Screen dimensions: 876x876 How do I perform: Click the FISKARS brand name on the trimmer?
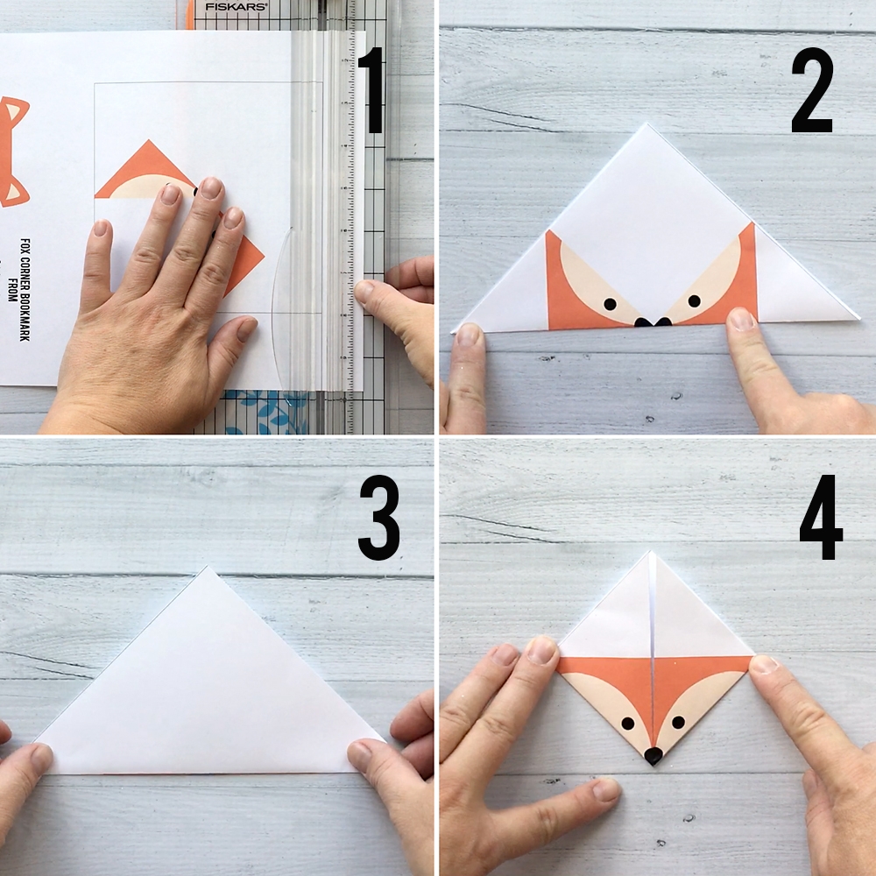click(x=224, y=6)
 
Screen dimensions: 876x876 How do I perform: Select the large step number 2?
click(x=812, y=90)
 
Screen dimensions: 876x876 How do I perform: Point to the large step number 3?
click(x=378, y=517)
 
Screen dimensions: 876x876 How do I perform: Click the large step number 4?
click(x=821, y=517)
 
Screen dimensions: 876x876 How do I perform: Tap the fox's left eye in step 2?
click(x=610, y=304)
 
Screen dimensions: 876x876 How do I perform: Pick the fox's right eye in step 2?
click(x=694, y=300)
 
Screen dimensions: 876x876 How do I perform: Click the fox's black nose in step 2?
click(x=653, y=322)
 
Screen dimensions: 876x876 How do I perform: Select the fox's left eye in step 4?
click(x=628, y=724)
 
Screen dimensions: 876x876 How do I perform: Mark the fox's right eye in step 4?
click(x=677, y=723)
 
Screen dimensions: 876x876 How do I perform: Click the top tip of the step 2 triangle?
click(x=648, y=125)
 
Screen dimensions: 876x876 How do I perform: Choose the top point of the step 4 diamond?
click(x=651, y=553)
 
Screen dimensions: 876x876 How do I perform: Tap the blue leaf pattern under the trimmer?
click(x=263, y=412)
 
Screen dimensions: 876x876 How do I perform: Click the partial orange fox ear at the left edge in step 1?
click(x=11, y=149)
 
